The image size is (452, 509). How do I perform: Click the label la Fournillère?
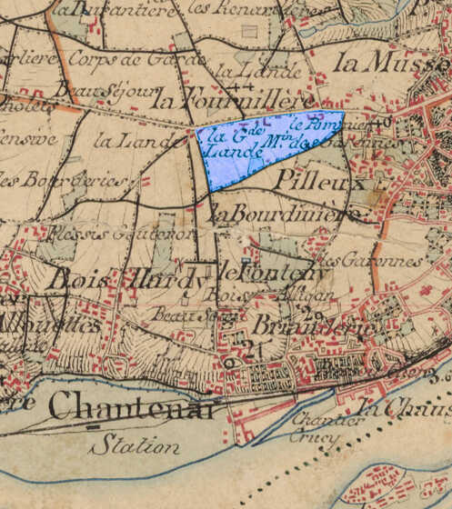(x=233, y=98)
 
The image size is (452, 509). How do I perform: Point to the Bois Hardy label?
(x=126, y=281)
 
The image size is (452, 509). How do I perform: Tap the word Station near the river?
(x=135, y=445)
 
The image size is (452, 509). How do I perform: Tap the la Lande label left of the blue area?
(x=126, y=141)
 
